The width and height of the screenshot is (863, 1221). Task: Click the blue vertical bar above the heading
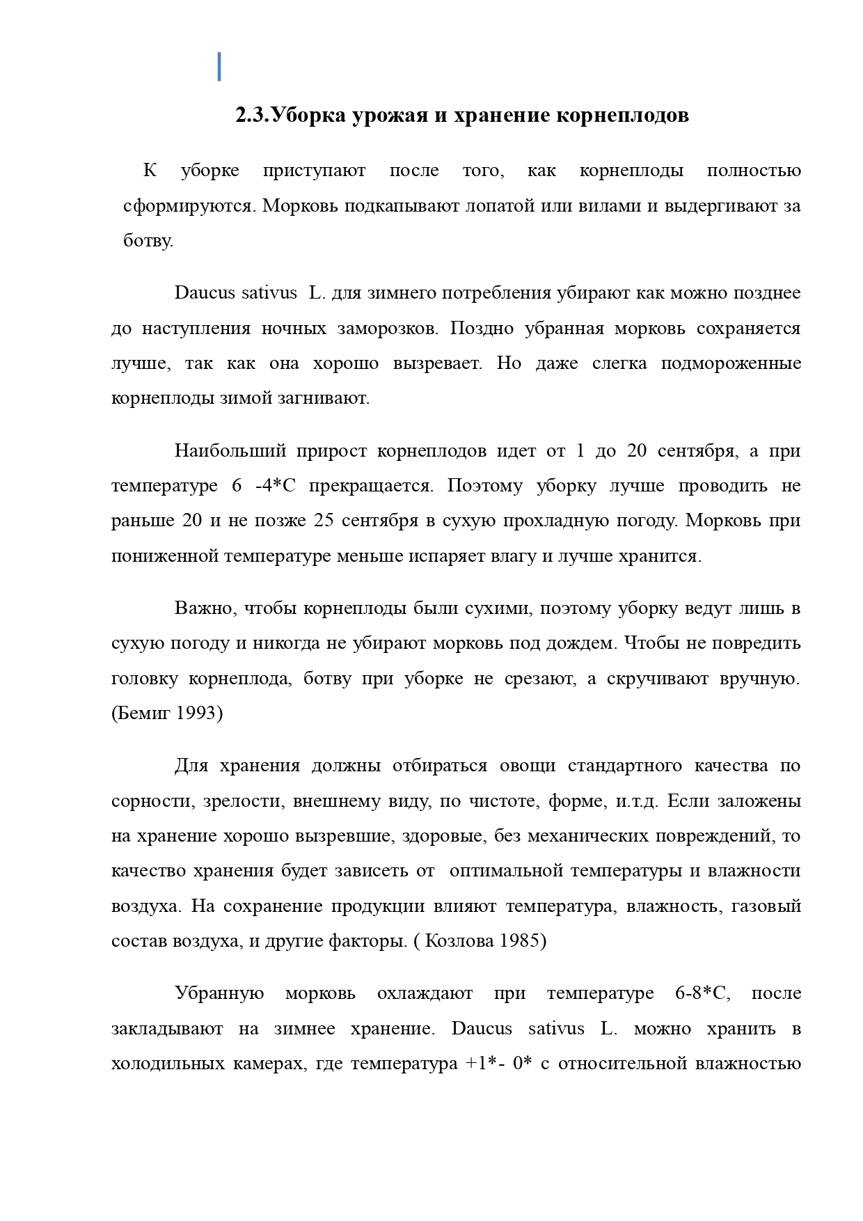[x=220, y=66]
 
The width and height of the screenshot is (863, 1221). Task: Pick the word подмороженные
[x=730, y=363]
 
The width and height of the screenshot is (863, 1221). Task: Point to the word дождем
[x=582, y=643]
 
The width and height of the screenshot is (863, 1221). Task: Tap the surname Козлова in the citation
[x=459, y=940]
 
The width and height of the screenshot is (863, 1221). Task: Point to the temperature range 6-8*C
[x=702, y=993]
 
